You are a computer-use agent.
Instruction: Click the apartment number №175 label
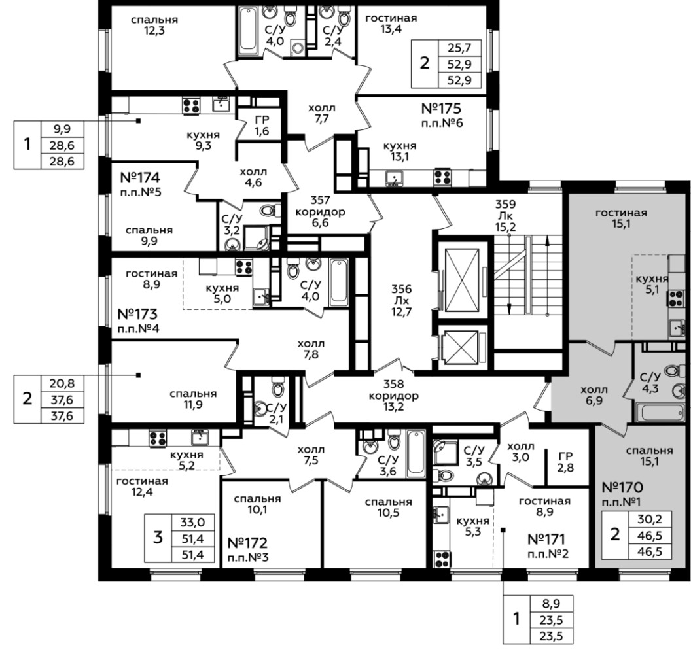(441, 109)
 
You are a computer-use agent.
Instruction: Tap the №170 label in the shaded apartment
(622, 487)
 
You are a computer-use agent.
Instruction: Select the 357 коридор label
(321, 211)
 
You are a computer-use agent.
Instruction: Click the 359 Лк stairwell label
(505, 216)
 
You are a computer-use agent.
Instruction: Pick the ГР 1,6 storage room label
(262, 126)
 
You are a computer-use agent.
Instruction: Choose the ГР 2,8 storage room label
(565, 462)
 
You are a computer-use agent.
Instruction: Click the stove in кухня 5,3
(442, 559)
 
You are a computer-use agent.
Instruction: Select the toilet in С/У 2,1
(278, 388)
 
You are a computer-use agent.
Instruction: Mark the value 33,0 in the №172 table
(192, 523)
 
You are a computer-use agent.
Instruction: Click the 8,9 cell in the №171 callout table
(552, 604)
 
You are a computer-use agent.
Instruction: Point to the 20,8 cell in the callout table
(62, 384)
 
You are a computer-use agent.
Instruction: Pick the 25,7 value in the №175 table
(459, 48)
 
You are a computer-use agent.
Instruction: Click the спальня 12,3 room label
(154, 25)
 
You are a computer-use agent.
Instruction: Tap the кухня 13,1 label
(400, 151)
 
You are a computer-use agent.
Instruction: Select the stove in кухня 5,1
(676, 298)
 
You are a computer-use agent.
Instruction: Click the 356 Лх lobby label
(402, 300)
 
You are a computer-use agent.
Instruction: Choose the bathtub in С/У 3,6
(416, 454)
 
